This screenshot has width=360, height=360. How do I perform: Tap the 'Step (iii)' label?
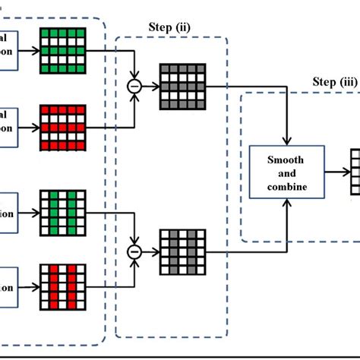point(334,81)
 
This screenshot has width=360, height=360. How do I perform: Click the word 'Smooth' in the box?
point(287,161)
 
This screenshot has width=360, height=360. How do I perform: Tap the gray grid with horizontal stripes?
point(181,87)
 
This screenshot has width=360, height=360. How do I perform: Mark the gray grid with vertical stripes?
point(181,251)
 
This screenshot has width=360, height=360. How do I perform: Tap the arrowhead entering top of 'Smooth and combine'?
point(287,141)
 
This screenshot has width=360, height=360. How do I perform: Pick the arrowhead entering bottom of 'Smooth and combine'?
point(287,203)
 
